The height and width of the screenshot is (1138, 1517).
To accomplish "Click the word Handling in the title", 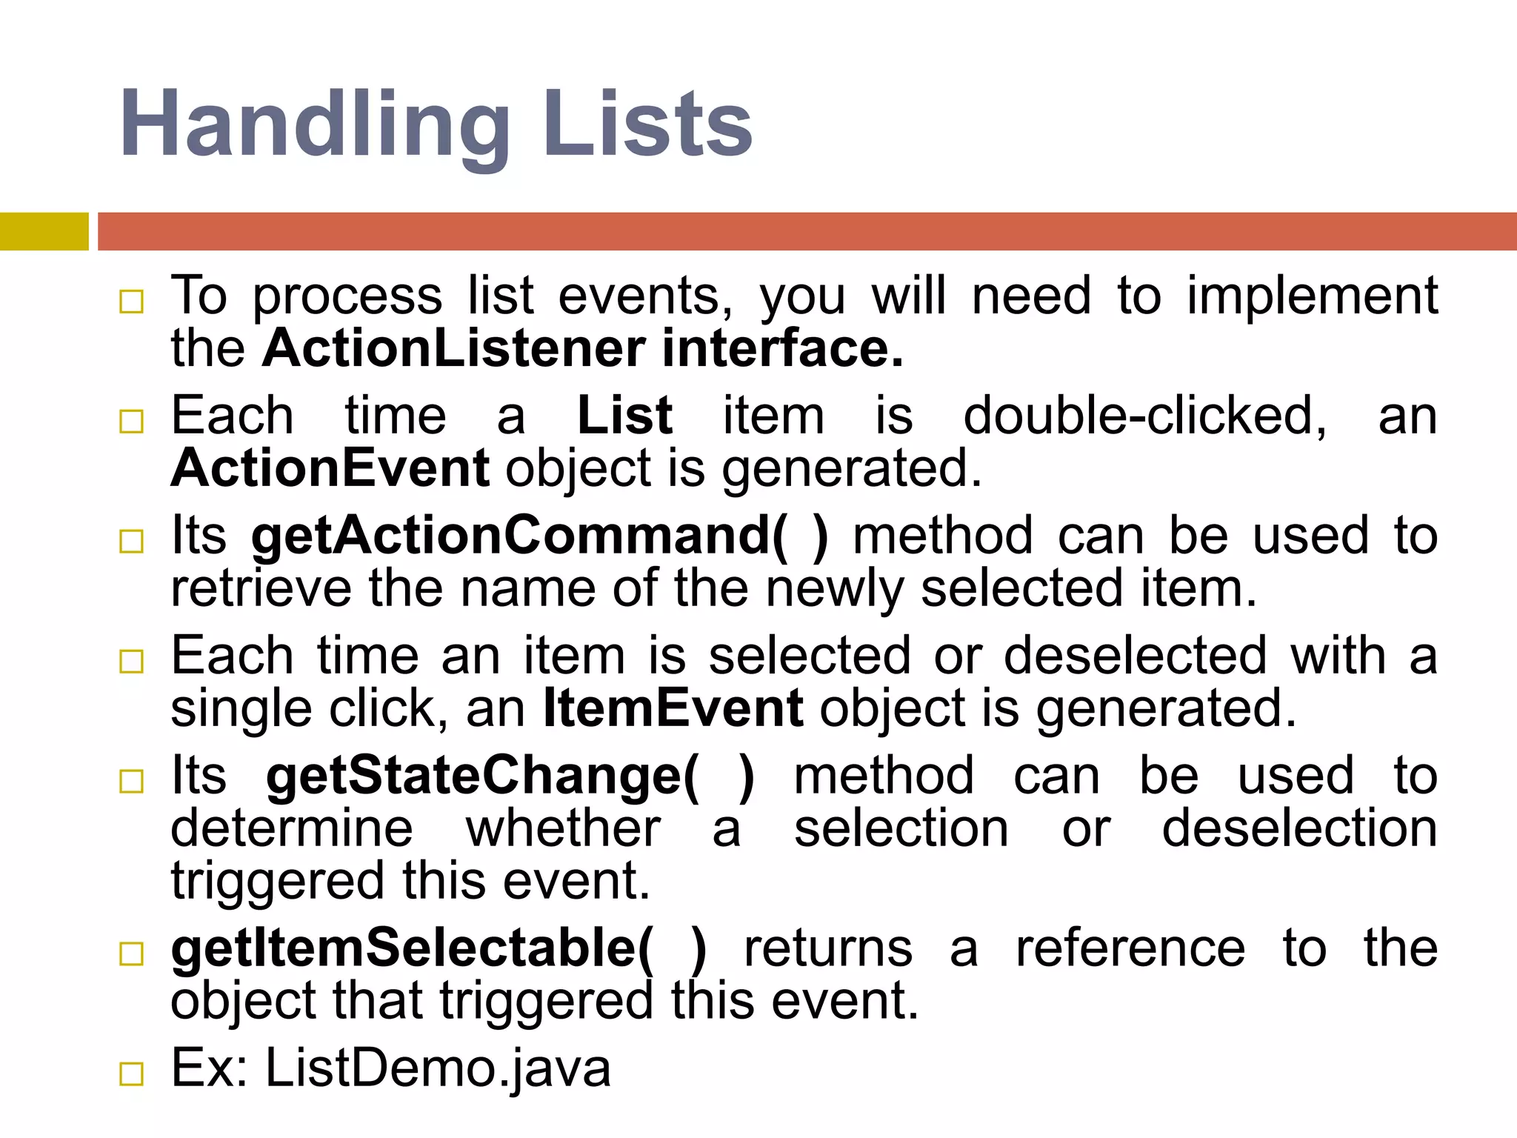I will click(315, 124).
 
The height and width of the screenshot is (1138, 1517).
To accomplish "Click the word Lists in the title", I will click(647, 124).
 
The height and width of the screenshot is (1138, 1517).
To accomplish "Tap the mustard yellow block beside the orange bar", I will click(44, 231).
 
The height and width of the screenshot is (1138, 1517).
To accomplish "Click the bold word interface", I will click(782, 348).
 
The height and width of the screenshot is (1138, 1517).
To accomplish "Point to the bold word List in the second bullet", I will click(624, 416).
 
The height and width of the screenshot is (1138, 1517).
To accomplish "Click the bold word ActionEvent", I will click(330, 468).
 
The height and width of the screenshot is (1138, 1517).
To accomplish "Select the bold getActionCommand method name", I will click(539, 536).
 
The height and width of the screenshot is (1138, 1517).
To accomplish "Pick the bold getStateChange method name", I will click(510, 776).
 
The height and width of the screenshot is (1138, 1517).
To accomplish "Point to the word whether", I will click(563, 829).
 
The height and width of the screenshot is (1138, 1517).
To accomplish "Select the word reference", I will click(1130, 949).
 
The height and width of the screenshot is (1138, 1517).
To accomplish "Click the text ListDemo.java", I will click(438, 1069).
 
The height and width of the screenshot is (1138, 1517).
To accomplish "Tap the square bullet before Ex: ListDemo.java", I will click(131, 1074).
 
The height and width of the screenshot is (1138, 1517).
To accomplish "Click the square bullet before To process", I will click(131, 302).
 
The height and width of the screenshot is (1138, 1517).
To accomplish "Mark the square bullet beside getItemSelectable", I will click(131, 954).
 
